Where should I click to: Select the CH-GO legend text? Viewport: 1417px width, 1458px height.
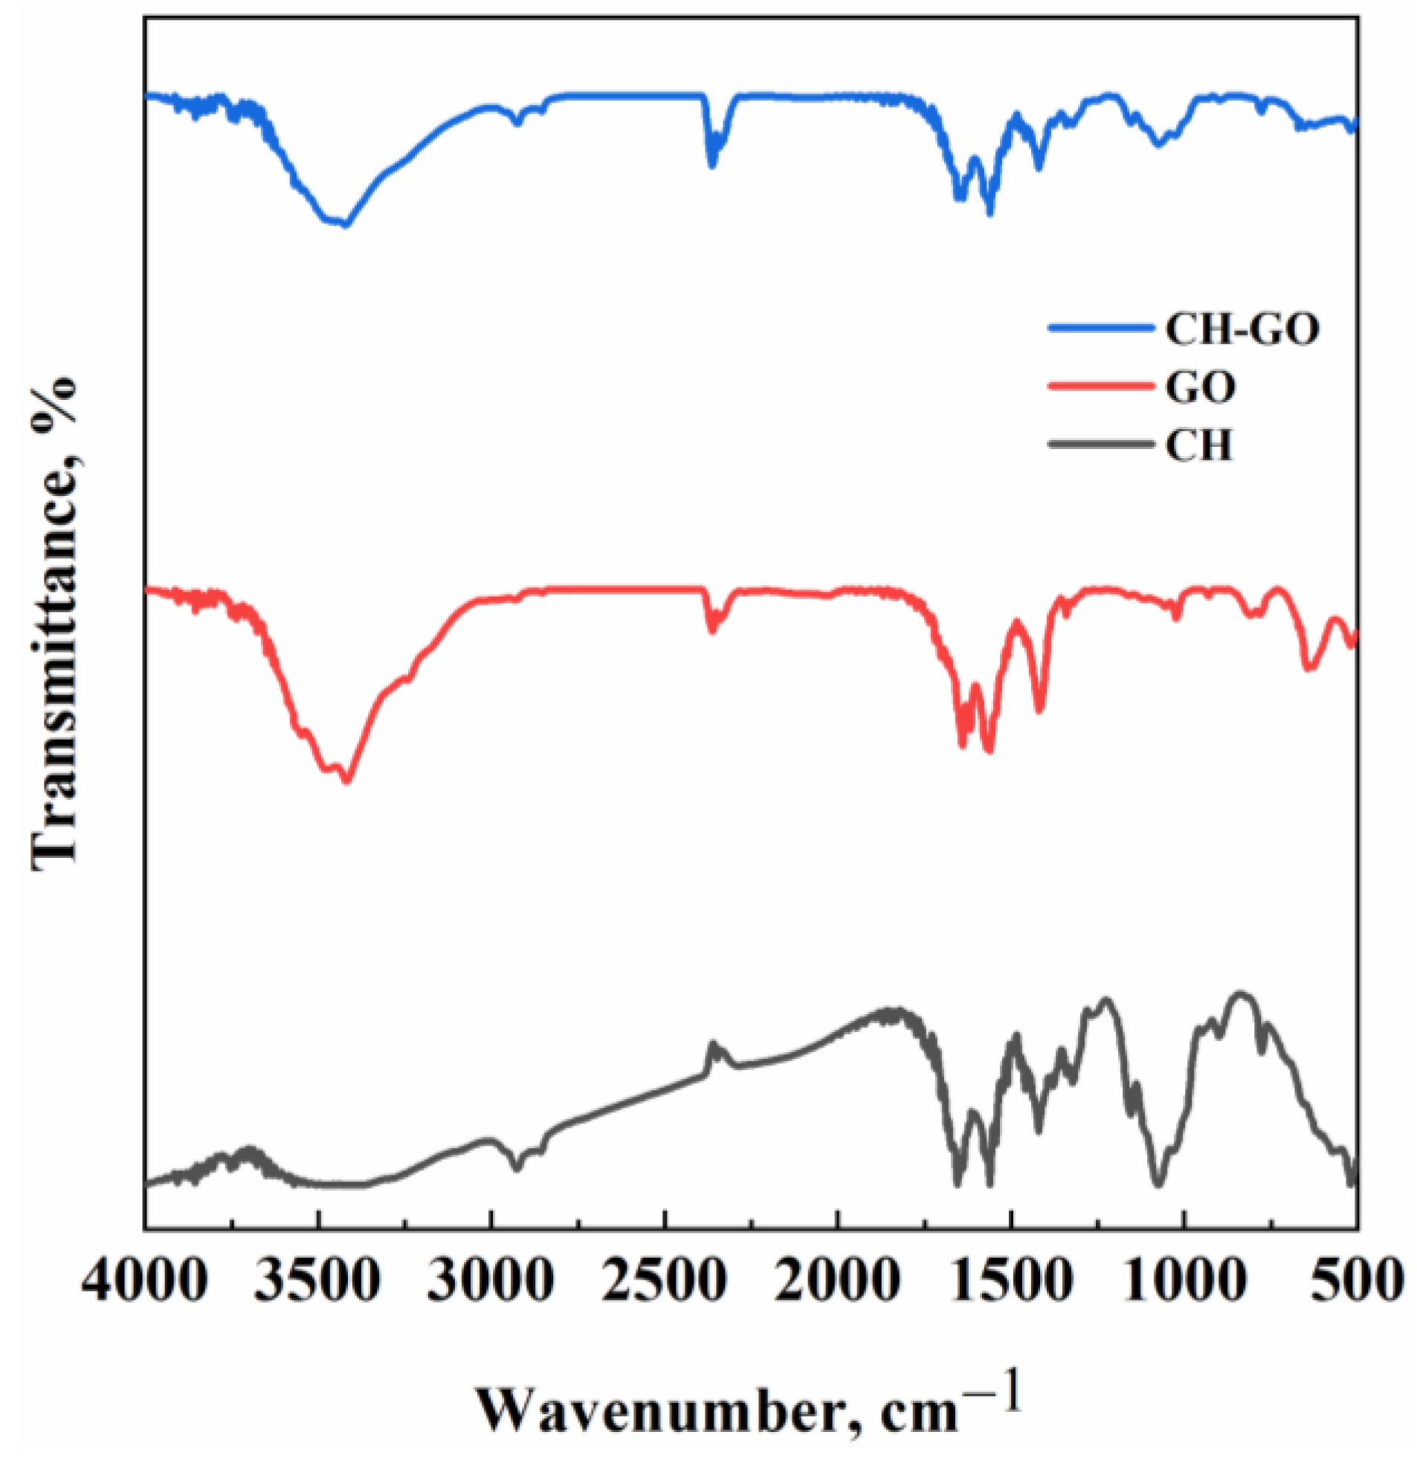1242,329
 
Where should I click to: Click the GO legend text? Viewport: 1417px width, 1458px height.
1201,387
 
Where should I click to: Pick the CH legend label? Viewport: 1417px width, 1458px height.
1199,445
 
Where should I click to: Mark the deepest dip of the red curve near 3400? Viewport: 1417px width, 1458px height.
346,781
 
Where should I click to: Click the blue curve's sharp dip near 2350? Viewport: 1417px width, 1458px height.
712,165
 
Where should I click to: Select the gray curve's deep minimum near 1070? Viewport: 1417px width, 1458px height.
1158,1184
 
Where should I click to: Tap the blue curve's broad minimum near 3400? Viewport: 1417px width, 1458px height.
343,225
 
